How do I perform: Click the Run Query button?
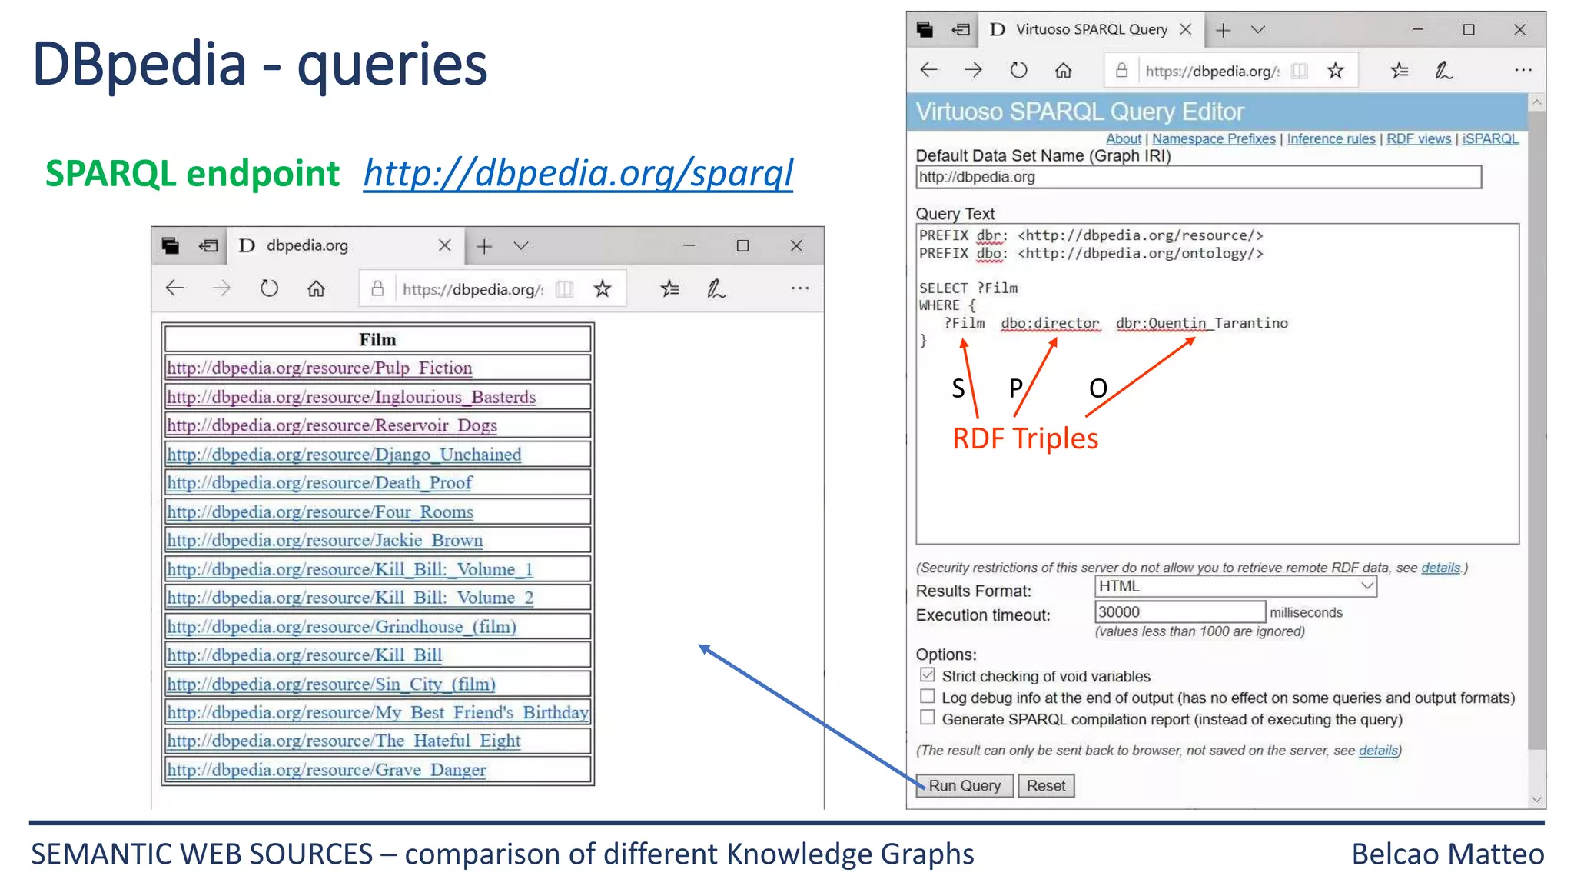click(964, 785)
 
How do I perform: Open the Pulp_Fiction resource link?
click(319, 368)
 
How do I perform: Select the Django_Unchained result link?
click(344, 455)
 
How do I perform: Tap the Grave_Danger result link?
click(326, 770)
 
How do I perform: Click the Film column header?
click(377, 339)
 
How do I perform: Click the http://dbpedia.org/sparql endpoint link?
click(578, 173)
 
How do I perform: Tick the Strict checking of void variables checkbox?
click(928, 675)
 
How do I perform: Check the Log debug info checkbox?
click(928, 697)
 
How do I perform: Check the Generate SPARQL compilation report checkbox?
click(928, 718)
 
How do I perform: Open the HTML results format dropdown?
click(1235, 586)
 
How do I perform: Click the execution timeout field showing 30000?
click(1179, 612)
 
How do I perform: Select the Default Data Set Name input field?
click(1197, 178)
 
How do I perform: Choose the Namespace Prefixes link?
click(1213, 139)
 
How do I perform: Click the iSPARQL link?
click(1489, 139)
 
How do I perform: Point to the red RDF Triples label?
click(1025, 438)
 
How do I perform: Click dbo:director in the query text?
click(1050, 323)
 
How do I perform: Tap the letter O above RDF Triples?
click(1097, 388)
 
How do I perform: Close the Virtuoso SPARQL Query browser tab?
click(1186, 29)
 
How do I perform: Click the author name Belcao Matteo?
click(1447, 854)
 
